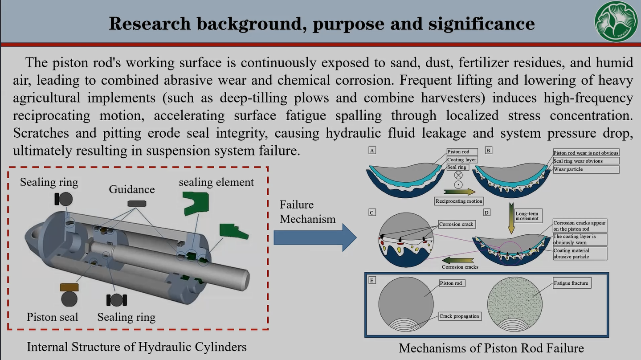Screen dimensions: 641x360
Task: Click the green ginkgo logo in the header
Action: [616, 21]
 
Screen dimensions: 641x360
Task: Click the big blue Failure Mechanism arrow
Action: [315, 238]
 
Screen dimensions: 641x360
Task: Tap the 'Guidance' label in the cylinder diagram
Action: [132, 189]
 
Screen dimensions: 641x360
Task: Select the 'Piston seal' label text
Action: [53, 317]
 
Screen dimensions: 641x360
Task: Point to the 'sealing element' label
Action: [216, 182]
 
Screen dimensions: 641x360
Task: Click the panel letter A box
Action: [372, 151]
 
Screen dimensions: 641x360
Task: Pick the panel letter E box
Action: [372, 280]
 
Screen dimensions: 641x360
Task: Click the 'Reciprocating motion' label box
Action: [459, 201]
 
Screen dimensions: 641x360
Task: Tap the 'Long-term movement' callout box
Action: [528, 216]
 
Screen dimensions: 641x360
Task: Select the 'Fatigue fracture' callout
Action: [572, 283]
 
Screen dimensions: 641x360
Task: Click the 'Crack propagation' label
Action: [460, 316]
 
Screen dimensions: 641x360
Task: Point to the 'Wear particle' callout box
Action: [586, 169]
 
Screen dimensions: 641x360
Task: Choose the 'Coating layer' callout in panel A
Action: [462, 160]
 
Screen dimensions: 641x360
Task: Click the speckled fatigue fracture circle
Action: [514, 304]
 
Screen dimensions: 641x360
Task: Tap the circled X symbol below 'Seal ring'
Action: [458, 175]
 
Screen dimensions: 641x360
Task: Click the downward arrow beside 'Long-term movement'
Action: [511, 218]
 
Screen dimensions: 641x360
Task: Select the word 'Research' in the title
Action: [150, 24]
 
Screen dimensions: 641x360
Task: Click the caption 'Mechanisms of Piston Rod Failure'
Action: [491, 348]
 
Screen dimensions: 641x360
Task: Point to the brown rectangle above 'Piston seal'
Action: [69, 287]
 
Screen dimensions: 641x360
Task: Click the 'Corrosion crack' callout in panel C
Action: [457, 225]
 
